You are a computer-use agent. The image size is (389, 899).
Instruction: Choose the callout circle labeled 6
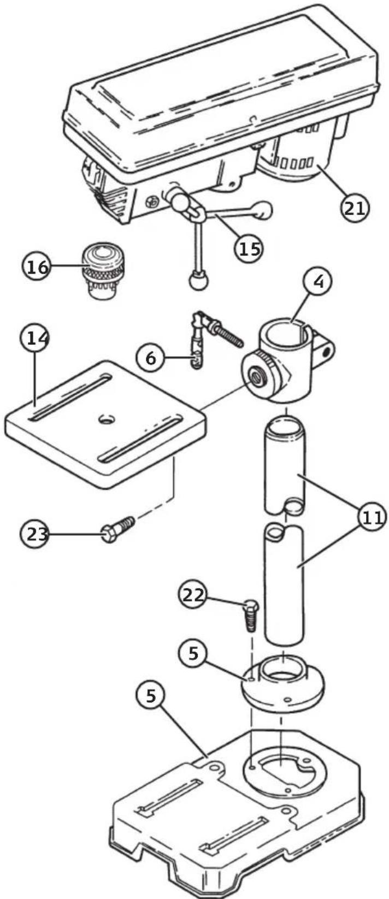coord(151,357)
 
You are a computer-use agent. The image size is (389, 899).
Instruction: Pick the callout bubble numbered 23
coord(34,534)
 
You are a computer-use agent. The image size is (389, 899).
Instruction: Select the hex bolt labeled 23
coord(117,529)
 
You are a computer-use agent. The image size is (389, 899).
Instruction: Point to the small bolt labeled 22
coord(251,615)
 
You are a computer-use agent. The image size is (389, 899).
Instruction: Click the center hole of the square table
coord(107,419)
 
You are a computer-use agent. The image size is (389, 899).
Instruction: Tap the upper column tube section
coord(285,465)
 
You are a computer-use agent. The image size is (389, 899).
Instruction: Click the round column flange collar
coord(282,681)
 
